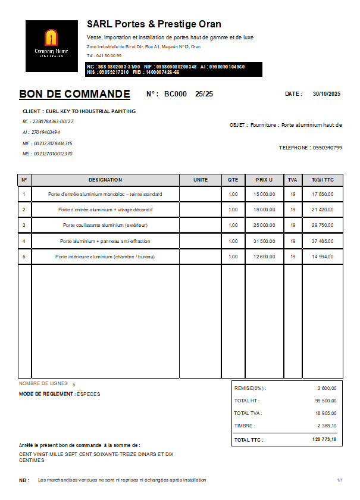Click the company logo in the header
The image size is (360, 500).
[x=52, y=46]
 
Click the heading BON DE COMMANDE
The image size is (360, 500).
[x=74, y=94]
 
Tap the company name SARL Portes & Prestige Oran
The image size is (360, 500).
[x=154, y=24]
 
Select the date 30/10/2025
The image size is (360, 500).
[x=327, y=94]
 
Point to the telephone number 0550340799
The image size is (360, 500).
[x=327, y=148]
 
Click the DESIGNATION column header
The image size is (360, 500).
[x=105, y=180]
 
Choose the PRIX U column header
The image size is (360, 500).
[x=264, y=180]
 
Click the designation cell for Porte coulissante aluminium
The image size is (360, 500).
[x=105, y=226]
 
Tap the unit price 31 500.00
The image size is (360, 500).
[x=264, y=241]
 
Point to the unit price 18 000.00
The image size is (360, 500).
[x=264, y=210]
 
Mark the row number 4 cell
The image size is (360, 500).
[x=24, y=241]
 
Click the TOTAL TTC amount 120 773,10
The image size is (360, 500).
[x=324, y=440]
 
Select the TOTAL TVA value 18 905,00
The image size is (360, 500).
[x=326, y=413]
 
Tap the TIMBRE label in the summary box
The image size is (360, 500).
[x=245, y=426]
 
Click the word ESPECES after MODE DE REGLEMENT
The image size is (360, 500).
[x=89, y=394]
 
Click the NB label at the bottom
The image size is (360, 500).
[x=24, y=480]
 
